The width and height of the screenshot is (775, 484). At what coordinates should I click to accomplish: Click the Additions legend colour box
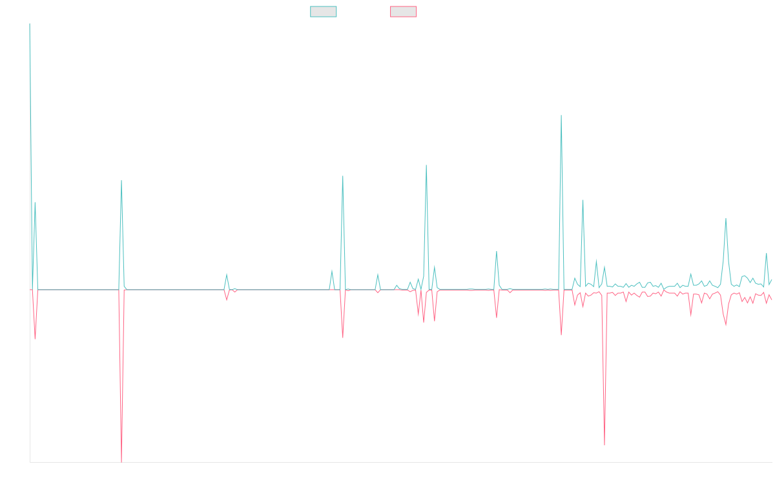(x=324, y=12)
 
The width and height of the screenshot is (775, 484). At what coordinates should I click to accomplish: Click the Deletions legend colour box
(x=404, y=12)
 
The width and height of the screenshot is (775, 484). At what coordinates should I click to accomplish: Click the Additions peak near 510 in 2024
(x=561, y=116)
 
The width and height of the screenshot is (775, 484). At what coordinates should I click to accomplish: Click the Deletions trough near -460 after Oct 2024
(x=604, y=445)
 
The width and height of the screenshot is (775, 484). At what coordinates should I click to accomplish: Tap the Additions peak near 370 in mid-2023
(x=426, y=165)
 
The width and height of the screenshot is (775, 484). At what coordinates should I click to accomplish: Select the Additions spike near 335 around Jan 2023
(x=343, y=176)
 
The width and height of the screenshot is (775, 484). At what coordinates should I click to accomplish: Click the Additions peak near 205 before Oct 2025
(x=726, y=219)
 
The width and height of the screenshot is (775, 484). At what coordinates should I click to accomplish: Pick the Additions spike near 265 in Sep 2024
(x=583, y=200)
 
